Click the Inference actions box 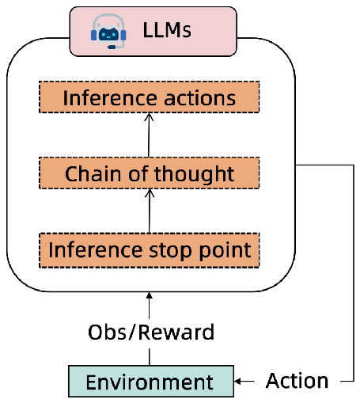(x=150, y=98)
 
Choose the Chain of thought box (x=150, y=173)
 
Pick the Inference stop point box (x=150, y=250)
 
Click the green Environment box (x=150, y=382)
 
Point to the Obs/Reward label (x=150, y=333)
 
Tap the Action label (x=297, y=381)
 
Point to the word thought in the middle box (x=199, y=173)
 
